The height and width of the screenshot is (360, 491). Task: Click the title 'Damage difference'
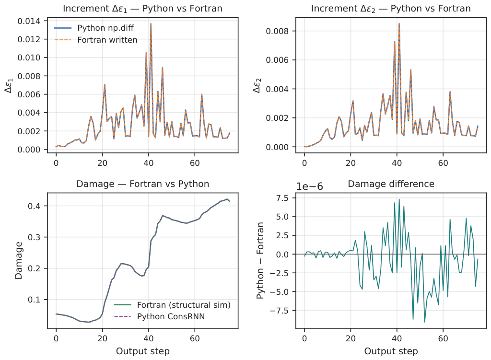coord(391,184)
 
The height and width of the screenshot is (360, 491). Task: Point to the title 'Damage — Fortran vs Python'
coord(143,184)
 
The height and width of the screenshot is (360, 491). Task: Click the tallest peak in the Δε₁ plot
coord(151,23)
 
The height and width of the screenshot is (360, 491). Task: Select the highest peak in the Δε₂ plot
coord(399,23)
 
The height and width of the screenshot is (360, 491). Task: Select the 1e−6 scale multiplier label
coord(310,186)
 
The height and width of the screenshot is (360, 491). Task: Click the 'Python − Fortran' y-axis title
coord(260,260)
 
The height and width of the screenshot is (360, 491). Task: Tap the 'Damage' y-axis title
coord(19,260)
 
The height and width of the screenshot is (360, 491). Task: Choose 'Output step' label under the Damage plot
coord(143,351)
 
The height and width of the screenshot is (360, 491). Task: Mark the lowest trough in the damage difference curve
coord(425,322)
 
